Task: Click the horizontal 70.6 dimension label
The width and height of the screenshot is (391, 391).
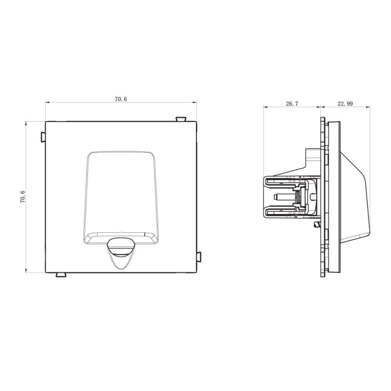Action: (121, 99)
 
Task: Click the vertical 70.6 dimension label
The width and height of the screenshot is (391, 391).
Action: (23, 197)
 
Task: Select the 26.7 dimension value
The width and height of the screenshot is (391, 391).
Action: (292, 104)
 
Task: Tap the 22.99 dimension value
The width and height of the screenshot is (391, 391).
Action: (345, 104)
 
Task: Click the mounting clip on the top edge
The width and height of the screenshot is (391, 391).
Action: (181, 119)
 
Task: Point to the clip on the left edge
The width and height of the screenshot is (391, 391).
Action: (43, 137)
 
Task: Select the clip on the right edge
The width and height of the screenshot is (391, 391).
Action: (199, 257)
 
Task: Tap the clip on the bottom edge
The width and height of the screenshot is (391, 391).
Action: (61, 275)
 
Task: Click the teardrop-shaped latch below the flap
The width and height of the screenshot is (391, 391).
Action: (121, 253)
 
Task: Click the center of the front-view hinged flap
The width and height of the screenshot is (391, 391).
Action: (121, 197)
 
